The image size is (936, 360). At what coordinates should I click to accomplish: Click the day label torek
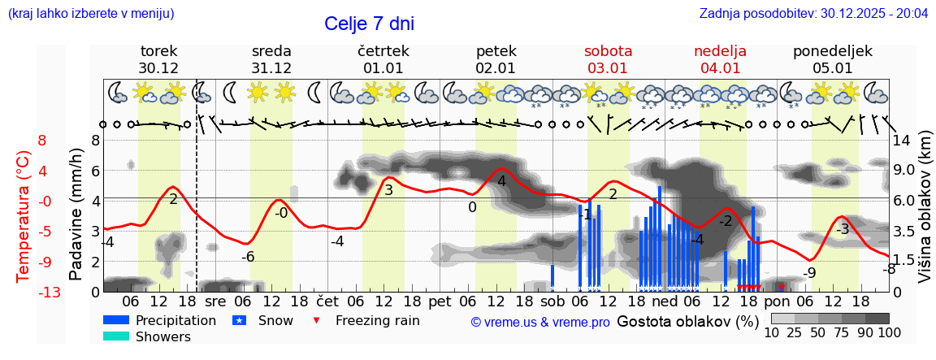(x=158, y=51)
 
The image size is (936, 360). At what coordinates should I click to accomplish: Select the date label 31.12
(x=271, y=68)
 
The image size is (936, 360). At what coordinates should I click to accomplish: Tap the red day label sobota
(x=608, y=51)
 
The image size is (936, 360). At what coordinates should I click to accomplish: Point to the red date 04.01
(x=720, y=68)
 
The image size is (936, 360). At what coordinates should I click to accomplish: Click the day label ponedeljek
(x=833, y=51)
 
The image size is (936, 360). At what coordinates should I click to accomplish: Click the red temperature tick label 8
(x=41, y=141)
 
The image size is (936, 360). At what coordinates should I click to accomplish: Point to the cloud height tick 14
(x=901, y=141)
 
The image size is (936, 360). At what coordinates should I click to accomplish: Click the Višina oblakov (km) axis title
(x=925, y=216)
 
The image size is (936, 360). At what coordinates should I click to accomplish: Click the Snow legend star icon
(x=239, y=320)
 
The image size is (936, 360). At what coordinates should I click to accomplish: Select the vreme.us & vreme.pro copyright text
(x=540, y=322)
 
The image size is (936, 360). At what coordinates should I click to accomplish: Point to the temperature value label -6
(x=249, y=257)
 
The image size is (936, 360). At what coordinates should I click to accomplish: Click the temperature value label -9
(x=809, y=273)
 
